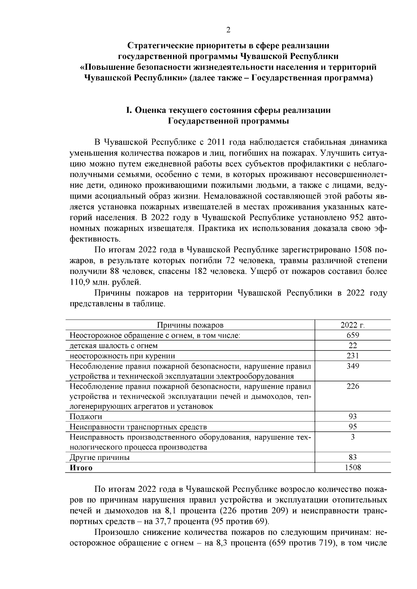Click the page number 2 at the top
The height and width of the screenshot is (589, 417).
(x=228, y=30)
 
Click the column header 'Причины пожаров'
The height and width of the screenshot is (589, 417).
(x=190, y=325)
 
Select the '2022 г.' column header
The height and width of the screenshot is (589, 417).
(x=352, y=325)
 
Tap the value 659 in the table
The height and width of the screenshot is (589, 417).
(x=352, y=335)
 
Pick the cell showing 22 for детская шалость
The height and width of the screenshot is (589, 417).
(x=352, y=346)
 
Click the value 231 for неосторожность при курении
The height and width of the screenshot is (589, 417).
(x=352, y=356)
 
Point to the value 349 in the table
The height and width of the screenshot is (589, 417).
(x=352, y=366)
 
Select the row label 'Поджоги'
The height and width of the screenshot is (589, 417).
(x=86, y=417)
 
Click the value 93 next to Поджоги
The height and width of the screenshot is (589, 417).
(x=352, y=417)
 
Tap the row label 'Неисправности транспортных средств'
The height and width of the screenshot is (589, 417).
(x=138, y=427)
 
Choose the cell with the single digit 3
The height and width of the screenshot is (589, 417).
(x=352, y=437)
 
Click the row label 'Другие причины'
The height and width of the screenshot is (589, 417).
(x=100, y=457)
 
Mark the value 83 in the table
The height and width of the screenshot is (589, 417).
(x=352, y=457)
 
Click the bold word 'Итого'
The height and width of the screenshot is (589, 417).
(x=81, y=468)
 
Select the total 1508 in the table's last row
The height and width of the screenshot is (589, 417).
(x=352, y=468)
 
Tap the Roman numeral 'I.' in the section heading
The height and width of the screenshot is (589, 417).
(x=129, y=111)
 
